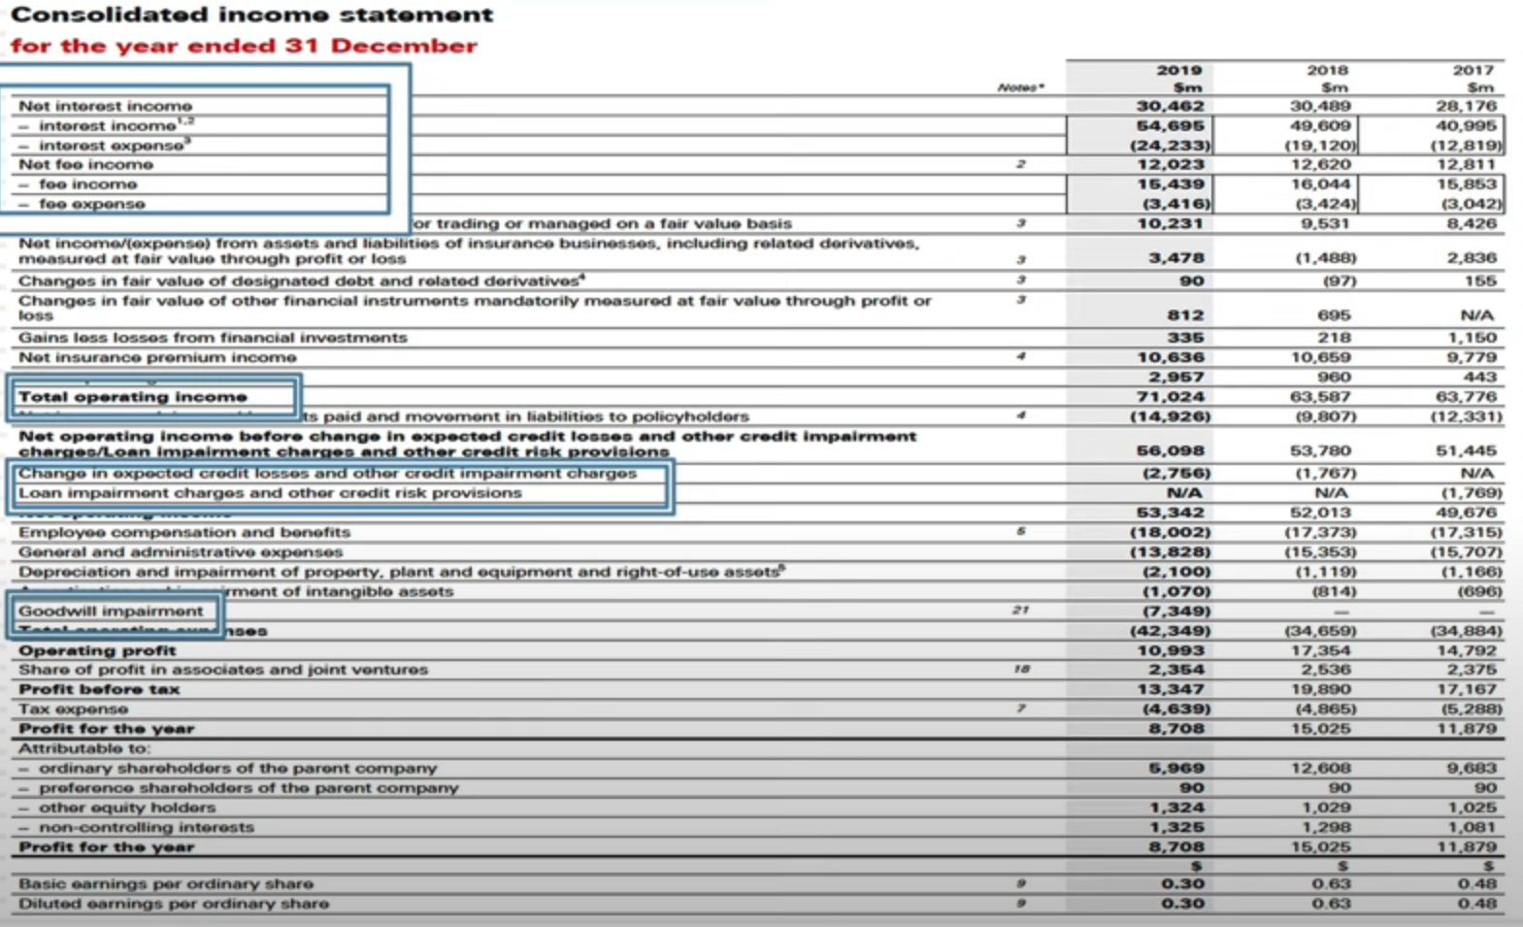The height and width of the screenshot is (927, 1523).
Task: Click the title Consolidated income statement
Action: pyautogui.click(x=251, y=16)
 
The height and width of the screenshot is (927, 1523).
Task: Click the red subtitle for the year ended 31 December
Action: pyautogui.click(x=243, y=46)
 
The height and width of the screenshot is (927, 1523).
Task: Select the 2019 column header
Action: pyautogui.click(x=1178, y=70)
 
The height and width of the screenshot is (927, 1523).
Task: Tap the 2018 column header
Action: pyautogui.click(x=1326, y=70)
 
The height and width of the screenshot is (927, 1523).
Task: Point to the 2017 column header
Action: pyautogui.click(x=1473, y=70)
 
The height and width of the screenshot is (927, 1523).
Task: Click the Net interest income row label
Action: pyautogui.click(x=105, y=106)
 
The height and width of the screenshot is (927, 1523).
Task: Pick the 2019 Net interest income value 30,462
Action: pyautogui.click(x=1170, y=106)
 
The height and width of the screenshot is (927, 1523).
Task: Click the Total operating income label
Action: pyautogui.click(x=133, y=396)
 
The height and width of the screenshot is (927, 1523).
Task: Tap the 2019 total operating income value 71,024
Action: pyautogui.click(x=1170, y=396)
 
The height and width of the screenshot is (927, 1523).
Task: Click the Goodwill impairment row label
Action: pyautogui.click(x=111, y=611)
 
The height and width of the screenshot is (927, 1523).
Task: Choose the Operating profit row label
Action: pyautogui.click(x=97, y=650)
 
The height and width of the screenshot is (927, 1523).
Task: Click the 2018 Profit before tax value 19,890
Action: pyautogui.click(x=1321, y=689)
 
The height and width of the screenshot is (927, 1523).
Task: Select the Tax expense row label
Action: pyautogui.click(x=73, y=709)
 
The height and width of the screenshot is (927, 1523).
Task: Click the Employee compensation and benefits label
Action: pyautogui.click(x=184, y=532)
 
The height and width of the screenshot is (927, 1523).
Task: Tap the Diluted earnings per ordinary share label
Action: pyautogui.click(x=174, y=904)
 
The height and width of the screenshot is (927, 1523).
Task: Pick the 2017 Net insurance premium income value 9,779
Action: pyautogui.click(x=1473, y=357)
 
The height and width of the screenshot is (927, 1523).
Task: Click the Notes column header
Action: pyautogui.click(x=1020, y=87)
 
